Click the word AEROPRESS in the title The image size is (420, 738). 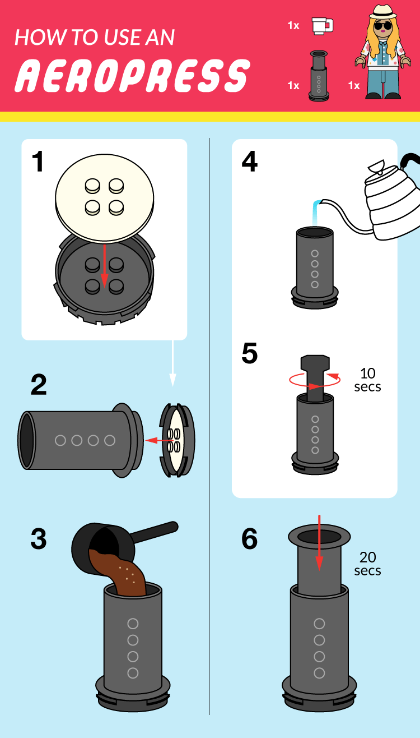point(132,76)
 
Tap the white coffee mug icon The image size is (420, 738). point(323,26)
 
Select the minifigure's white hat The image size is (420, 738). point(383,12)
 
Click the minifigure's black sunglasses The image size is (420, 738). point(383,25)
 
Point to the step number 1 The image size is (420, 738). point(38,161)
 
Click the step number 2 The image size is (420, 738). point(39,384)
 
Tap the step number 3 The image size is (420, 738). point(39,539)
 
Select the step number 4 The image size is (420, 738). point(249,161)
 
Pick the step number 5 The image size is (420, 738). point(249,353)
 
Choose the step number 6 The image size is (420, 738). point(249,539)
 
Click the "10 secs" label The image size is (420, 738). point(367,380)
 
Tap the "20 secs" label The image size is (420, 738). point(367,564)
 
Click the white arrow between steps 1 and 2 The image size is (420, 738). point(172,363)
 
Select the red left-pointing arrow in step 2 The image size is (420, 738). point(159,440)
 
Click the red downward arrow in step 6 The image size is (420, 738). point(319,543)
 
